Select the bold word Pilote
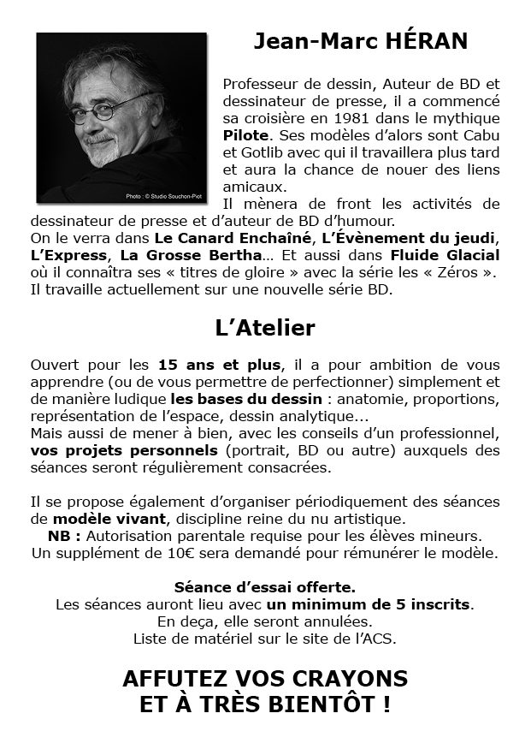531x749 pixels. pyautogui.click(x=245, y=135)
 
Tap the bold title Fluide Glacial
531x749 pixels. pyautogui.click(x=445, y=255)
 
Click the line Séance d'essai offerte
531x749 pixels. pyautogui.click(x=265, y=588)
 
